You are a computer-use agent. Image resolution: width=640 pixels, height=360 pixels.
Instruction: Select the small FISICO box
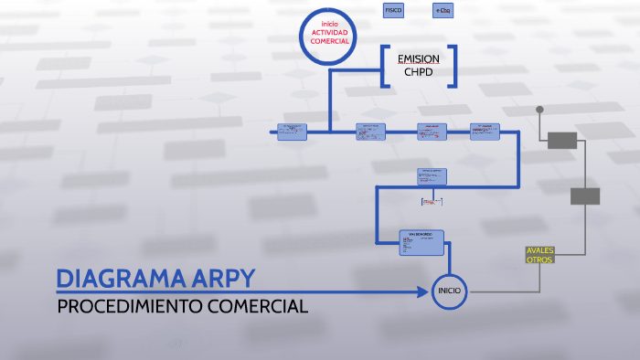coord(393,10)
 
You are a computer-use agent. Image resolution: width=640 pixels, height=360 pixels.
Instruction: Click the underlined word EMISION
coord(418,58)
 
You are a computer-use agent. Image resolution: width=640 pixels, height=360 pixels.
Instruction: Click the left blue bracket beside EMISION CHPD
coord(384,66)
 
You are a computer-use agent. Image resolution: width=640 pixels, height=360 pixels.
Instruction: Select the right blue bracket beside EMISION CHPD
coord(452,66)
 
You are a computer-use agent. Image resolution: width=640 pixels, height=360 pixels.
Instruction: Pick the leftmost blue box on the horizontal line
coord(292,132)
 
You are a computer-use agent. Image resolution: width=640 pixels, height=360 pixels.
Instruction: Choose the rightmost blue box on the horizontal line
coord(485,132)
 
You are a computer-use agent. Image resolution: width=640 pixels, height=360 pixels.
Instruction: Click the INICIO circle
coord(449,291)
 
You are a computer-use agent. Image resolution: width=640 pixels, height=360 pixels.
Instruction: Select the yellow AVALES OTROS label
coord(539,255)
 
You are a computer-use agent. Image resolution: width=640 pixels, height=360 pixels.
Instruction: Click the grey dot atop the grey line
coord(539,110)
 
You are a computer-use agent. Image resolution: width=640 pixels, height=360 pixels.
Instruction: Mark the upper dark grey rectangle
coord(561,140)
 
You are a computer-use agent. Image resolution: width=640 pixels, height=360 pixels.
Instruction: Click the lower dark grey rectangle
coord(585,196)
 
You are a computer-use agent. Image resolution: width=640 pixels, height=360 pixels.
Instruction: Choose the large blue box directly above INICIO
coord(421,242)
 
